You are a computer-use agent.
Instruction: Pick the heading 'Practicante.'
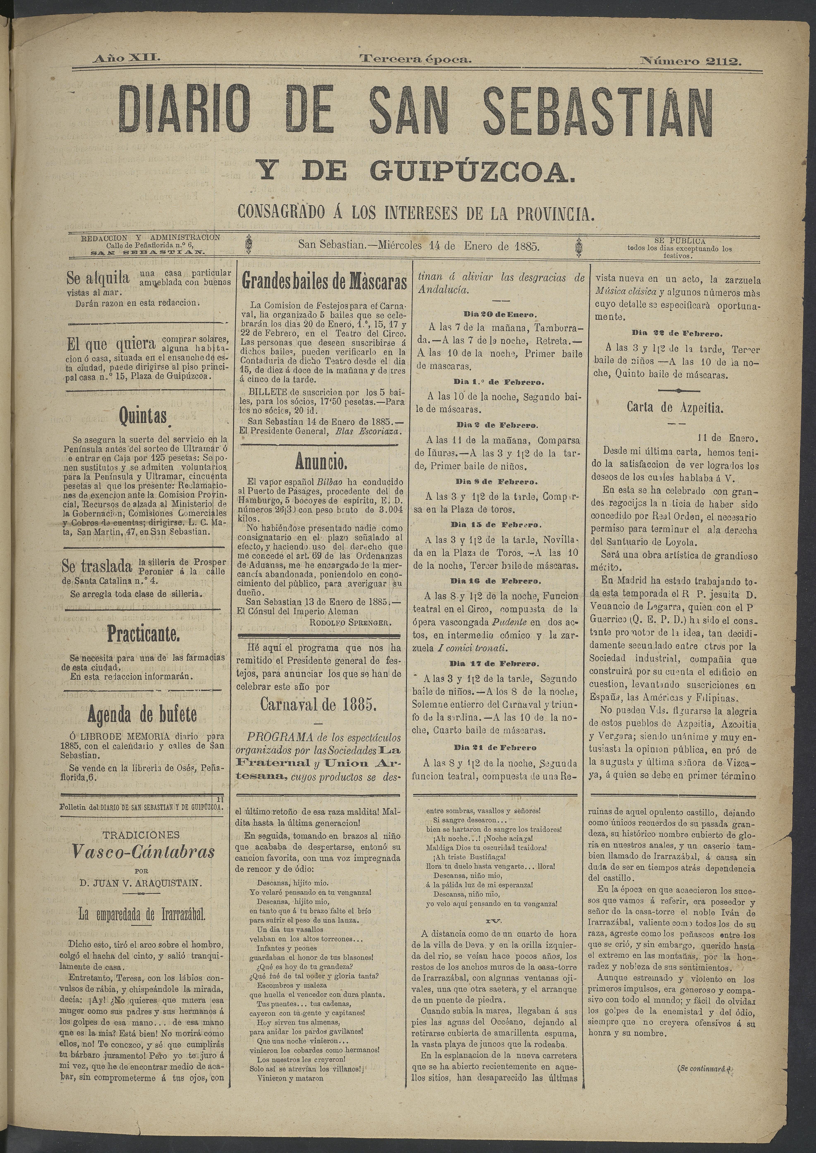coord(143,635)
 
